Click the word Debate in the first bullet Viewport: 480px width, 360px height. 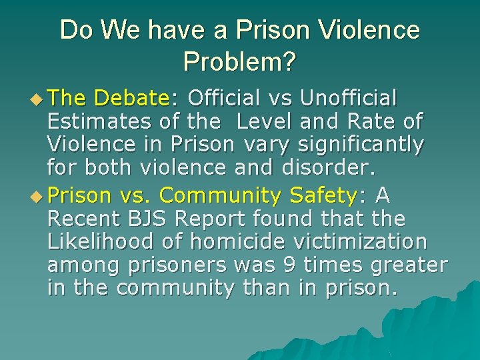tap(132, 99)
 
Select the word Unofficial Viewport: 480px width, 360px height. tap(349, 99)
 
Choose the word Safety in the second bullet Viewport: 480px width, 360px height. tap(324, 195)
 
